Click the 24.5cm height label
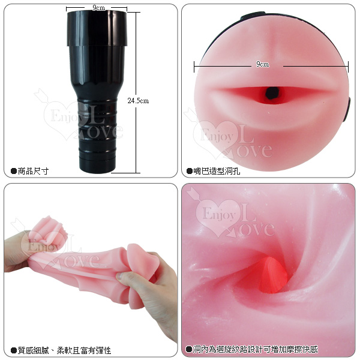point(138,101)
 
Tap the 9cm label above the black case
point(99,8)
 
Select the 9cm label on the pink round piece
point(262,64)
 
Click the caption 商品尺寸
point(33,171)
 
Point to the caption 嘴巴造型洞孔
point(217,171)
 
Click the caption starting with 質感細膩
point(64,350)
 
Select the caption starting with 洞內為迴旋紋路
point(256,349)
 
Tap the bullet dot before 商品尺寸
point(14,171)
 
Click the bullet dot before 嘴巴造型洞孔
point(190,171)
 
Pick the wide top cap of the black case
point(97,28)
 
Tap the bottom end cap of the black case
point(97,165)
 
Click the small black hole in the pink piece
point(272,93)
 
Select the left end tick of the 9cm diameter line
point(194,67)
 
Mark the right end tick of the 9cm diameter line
point(348,67)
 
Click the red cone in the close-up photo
point(271,275)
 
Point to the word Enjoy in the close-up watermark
point(219,214)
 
